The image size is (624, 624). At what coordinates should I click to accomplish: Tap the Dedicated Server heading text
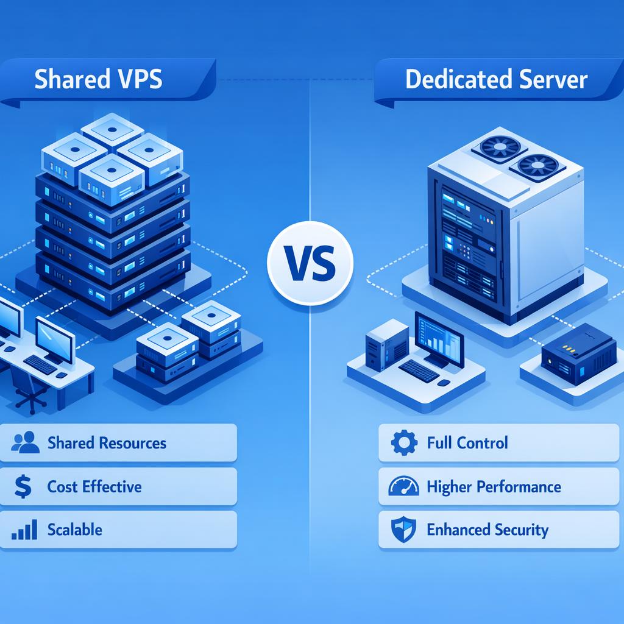coord(496,80)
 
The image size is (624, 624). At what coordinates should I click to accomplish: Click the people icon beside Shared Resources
coord(25,442)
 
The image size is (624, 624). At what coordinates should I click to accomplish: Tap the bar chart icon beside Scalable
coord(25,530)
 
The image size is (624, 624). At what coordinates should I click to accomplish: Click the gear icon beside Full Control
coord(403,442)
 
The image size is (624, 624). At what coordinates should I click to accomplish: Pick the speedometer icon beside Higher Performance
coord(403,486)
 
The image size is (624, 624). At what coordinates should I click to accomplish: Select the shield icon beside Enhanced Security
coord(403,530)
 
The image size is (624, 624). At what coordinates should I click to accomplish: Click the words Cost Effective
coord(94,486)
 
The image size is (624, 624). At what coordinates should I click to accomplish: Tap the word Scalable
coord(75,530)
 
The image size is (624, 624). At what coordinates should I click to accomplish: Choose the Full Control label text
coord(467,442)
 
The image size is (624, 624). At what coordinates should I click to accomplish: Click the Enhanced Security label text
coord(487,530)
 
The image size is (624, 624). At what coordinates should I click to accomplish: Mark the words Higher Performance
coord(494,486)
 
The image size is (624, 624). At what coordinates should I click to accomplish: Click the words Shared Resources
coord(107,442)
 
